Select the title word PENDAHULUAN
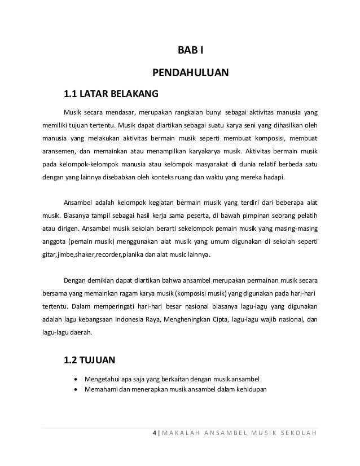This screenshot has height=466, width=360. pos(191,73)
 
